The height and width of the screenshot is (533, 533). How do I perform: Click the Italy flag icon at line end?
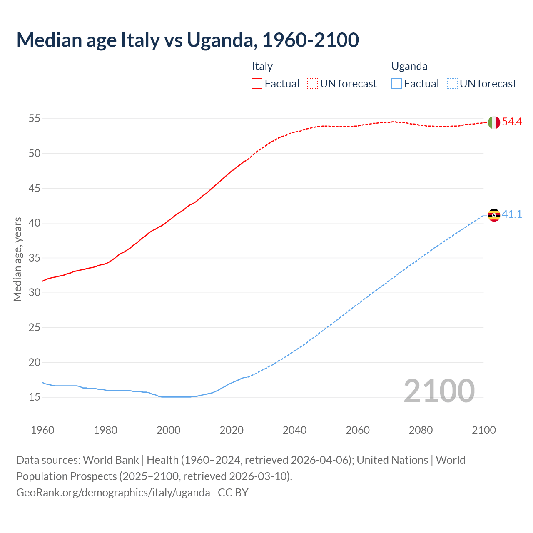494,122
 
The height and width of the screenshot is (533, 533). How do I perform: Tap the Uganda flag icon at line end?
494,215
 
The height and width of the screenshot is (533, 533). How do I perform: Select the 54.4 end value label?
512,122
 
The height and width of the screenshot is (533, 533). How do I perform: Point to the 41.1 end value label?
512,214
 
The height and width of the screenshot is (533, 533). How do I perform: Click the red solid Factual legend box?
257,84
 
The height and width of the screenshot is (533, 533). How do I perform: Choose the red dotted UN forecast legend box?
312,84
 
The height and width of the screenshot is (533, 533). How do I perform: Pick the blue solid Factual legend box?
397,84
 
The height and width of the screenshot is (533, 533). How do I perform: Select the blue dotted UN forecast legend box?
452,84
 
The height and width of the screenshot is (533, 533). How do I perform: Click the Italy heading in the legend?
262,66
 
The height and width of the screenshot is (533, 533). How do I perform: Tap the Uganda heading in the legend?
409,66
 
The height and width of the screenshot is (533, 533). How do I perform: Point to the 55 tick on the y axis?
34,119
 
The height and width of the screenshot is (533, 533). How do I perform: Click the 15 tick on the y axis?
34,397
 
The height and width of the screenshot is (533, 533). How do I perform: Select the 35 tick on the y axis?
34,258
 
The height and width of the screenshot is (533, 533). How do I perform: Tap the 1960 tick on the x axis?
42,430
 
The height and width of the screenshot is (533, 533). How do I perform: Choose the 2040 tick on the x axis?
294,430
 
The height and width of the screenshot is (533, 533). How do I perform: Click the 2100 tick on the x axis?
484,430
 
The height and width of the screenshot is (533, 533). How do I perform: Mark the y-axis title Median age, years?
17,259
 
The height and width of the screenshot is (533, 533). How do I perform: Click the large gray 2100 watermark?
439,391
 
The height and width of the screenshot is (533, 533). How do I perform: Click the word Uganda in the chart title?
219,40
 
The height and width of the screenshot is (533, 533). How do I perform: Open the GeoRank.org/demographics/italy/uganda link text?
113,493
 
